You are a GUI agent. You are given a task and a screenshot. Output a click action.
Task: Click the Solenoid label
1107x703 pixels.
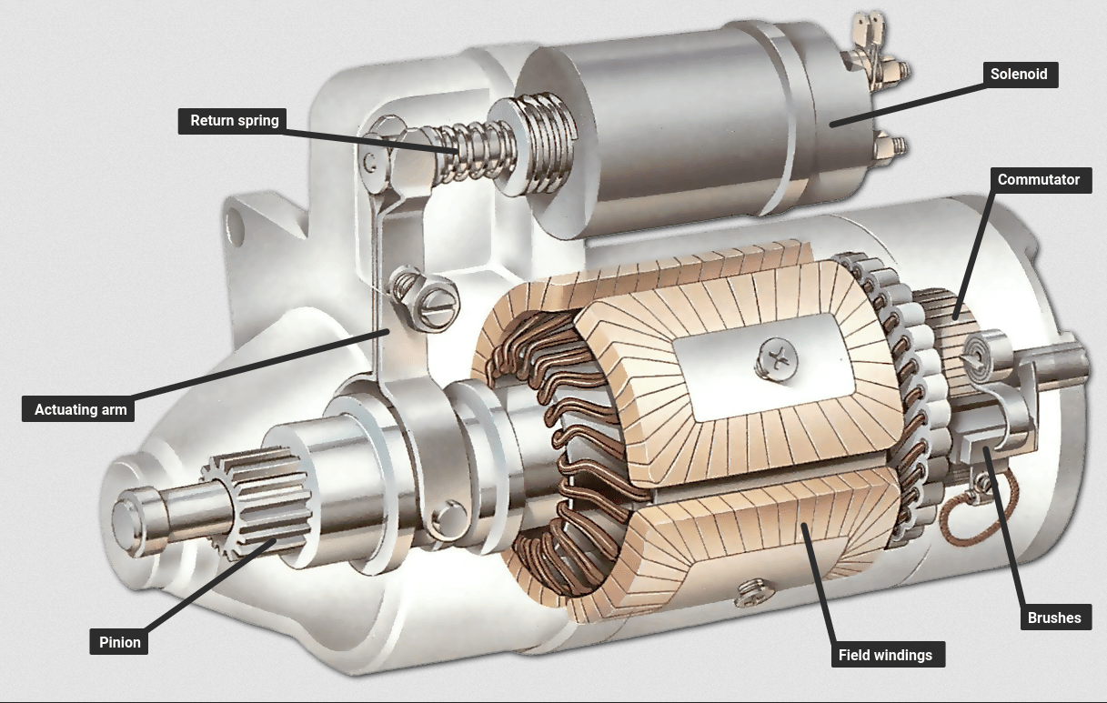(x=1020, y=75)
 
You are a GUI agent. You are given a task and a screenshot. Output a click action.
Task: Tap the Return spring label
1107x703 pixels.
(x=234, y=121)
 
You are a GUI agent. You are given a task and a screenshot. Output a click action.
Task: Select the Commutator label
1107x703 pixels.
(x=1038, y=179)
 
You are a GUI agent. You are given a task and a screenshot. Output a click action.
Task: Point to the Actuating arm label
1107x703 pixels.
(x=80, y=409)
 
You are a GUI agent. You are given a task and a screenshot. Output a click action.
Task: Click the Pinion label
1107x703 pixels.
(x=120, y=642)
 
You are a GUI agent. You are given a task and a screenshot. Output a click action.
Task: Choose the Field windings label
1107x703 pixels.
(x=885, y=655)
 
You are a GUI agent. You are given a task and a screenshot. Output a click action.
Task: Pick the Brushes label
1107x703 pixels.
(x=1053, y=618)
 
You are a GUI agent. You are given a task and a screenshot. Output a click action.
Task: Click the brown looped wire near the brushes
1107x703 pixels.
(x=958, y=520)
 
